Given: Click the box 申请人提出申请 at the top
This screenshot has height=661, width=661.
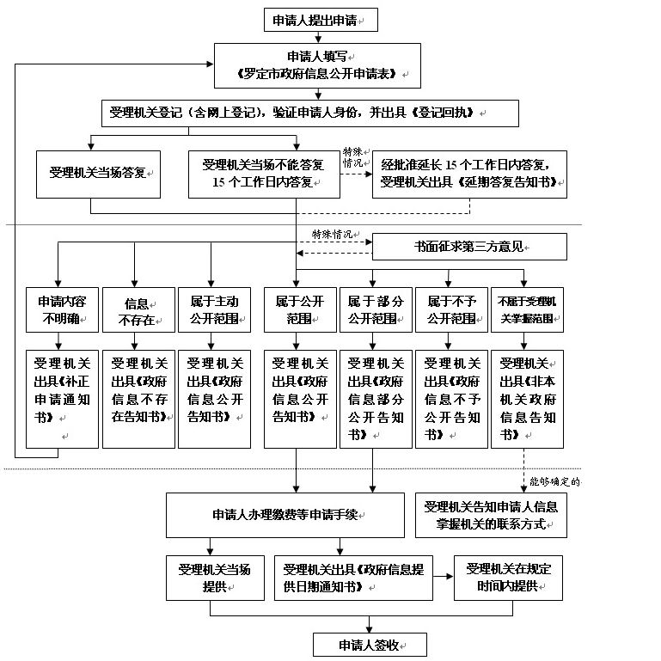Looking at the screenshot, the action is [x=321, y=20].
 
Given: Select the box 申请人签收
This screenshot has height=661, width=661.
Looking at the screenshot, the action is [x=370, y=645].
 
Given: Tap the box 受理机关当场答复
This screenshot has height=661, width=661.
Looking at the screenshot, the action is [x=98, y=174].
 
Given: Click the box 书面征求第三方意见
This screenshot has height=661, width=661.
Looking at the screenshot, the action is [x=469, y=247].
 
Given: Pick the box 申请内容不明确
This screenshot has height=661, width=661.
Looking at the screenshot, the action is [x=62, y=309].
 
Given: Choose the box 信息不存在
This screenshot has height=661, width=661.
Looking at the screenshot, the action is [x=138, y=309].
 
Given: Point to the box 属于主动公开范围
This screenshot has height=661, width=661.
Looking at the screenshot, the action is [x=214, y=309].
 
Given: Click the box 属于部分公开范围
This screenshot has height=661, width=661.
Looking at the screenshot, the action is [x=376, y=309].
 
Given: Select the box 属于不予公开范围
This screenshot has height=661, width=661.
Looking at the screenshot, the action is [x=451, y=309].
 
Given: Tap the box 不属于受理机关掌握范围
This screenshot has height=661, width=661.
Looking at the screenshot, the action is [x=527, y=309].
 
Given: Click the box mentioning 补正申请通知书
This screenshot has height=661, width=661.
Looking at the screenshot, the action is [x=62, y=399].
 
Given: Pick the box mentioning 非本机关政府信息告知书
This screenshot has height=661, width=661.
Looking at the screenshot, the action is [x=527, y=399].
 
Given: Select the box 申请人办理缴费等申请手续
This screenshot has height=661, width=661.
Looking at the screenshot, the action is [x=285, y=515].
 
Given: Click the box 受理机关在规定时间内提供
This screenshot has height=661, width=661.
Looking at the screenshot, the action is [x=508, y=578].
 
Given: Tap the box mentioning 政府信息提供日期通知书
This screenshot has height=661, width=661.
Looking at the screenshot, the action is [x=353, y=578].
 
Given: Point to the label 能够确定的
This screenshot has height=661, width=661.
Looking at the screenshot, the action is [x=554, y=481].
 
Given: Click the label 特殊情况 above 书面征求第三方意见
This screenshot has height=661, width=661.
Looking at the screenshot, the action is [x=333, y=235].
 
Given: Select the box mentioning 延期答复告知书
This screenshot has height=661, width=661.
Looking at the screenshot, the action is [x=469, y=174].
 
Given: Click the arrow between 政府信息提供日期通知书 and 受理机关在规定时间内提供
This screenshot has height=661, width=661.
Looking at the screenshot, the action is [x=444, y=576].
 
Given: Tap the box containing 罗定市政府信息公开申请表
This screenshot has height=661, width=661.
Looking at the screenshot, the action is [x=317, y=65].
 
